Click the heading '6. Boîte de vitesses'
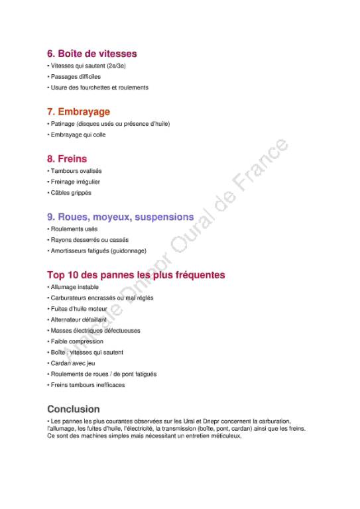point(91,54)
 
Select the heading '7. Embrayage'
point(78,111)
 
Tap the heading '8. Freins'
point(67,159)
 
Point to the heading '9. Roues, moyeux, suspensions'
point(120,217)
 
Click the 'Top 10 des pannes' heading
point(136,274)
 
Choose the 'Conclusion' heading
point(74,409)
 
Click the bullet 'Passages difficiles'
point(75,77)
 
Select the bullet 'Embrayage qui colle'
point(78,135)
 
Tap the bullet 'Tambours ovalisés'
point(76,171)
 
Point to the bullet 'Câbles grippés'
point(70,193)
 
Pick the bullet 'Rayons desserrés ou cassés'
point(89,240)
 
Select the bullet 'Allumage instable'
point(74,287)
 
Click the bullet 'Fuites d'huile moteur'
point(78,309)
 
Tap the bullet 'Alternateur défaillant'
point(78,319)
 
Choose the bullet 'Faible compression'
point(76,341)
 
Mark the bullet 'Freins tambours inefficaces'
point(87,384)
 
